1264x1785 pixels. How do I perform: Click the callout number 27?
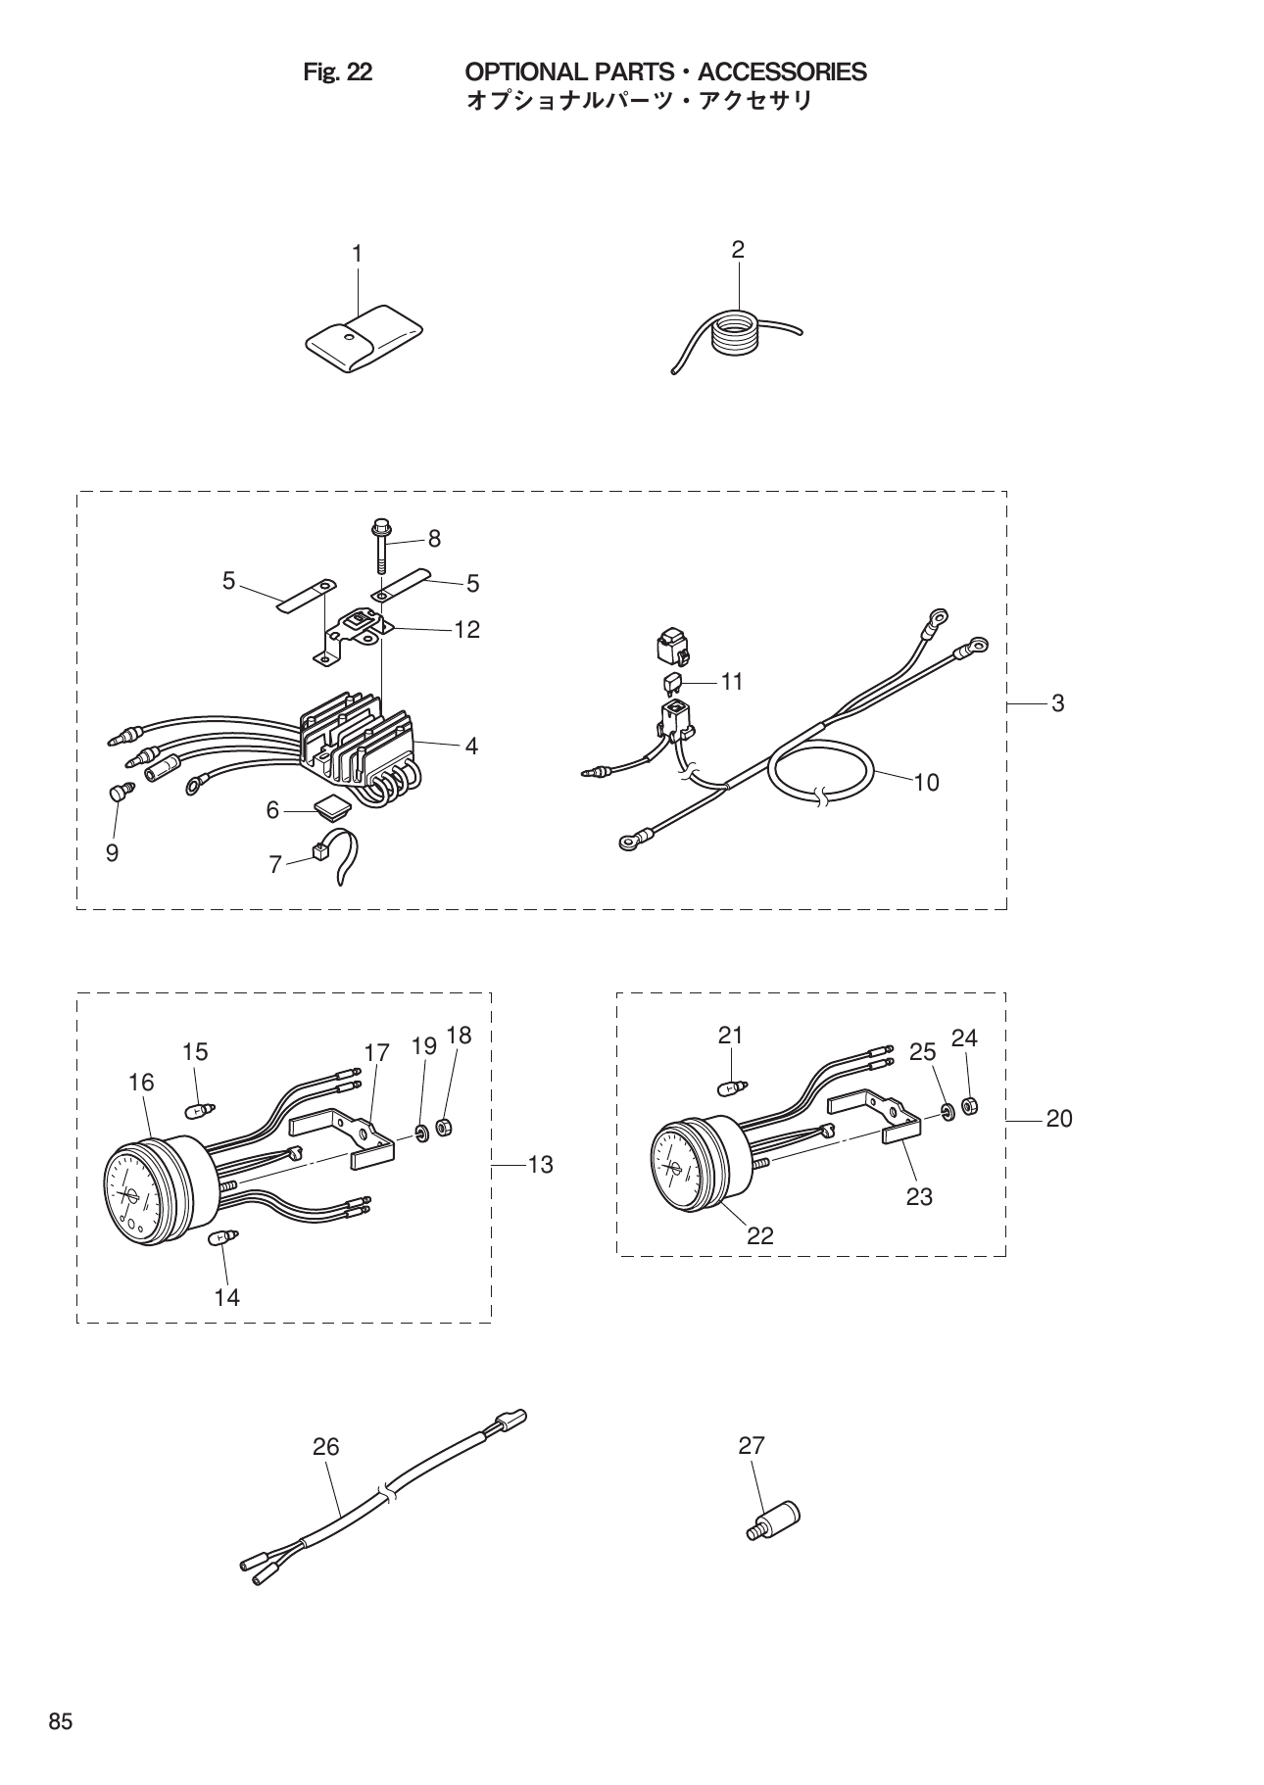point(752,1445)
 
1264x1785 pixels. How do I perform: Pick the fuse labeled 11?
point(673,681)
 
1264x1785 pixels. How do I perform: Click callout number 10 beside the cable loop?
point(926,782)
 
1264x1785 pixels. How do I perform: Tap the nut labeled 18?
point(442,1129)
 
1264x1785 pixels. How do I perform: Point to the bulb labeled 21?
point(731,1086)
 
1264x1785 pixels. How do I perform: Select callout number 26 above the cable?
point(325,1446)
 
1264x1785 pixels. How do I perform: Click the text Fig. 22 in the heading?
point(337,72)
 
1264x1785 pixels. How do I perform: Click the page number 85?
point(61,1722)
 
